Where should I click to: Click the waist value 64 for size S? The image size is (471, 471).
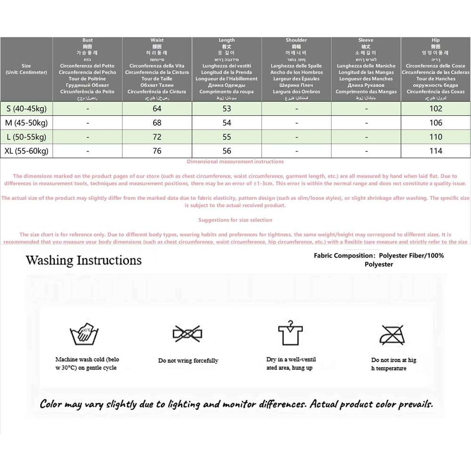point(157,109)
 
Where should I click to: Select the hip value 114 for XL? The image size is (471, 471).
point(436,151)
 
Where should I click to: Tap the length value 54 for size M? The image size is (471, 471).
point(227,123)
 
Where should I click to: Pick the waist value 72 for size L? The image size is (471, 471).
point(157,137)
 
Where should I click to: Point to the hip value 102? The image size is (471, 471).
point(436,109)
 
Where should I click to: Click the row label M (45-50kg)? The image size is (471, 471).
point(27,123)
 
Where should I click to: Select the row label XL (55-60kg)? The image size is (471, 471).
point(27,151)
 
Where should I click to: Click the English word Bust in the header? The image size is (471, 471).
point(88,41)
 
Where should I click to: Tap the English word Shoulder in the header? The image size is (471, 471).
point(296,41)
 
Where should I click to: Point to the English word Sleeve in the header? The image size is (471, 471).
point(366,41)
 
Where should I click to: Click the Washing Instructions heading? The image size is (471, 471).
point(83,260)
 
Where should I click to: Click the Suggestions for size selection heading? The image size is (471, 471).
point(235,220)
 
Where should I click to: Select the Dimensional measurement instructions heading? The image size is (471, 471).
point(235,162)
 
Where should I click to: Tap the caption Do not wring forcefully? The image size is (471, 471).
point(188,361)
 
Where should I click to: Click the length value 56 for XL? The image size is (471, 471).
point(227,151)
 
